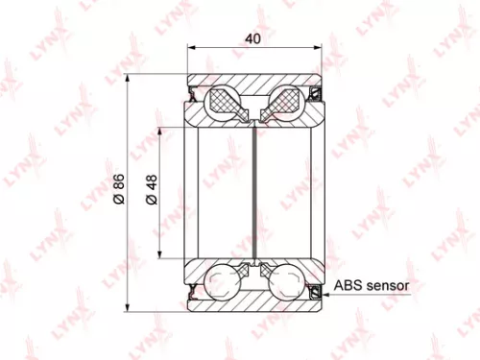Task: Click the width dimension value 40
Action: [253, 39]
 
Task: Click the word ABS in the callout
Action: [347, 286]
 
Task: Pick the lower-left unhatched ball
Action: [224, 282]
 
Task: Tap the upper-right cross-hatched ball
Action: [284, 101]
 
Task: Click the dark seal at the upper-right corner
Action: [314, 94]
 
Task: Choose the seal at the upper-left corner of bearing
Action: [193, 94]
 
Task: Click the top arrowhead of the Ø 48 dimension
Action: [160, 129]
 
